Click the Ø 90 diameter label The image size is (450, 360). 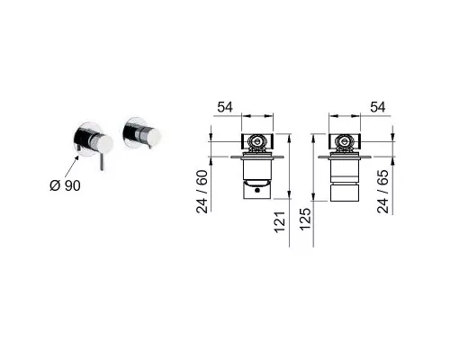(x=65, y=185)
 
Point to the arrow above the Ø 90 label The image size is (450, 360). (x=71, y=167)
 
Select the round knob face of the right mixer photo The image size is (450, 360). (x=154, y=136)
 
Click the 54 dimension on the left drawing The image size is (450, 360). (x=225, y=107)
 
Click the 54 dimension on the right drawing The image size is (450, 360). (x=378, y=107)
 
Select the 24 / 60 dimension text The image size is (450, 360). (x=202, y=192)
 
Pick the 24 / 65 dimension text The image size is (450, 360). (x=383, y=192)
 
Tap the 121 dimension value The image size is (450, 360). (x=279, y=222)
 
